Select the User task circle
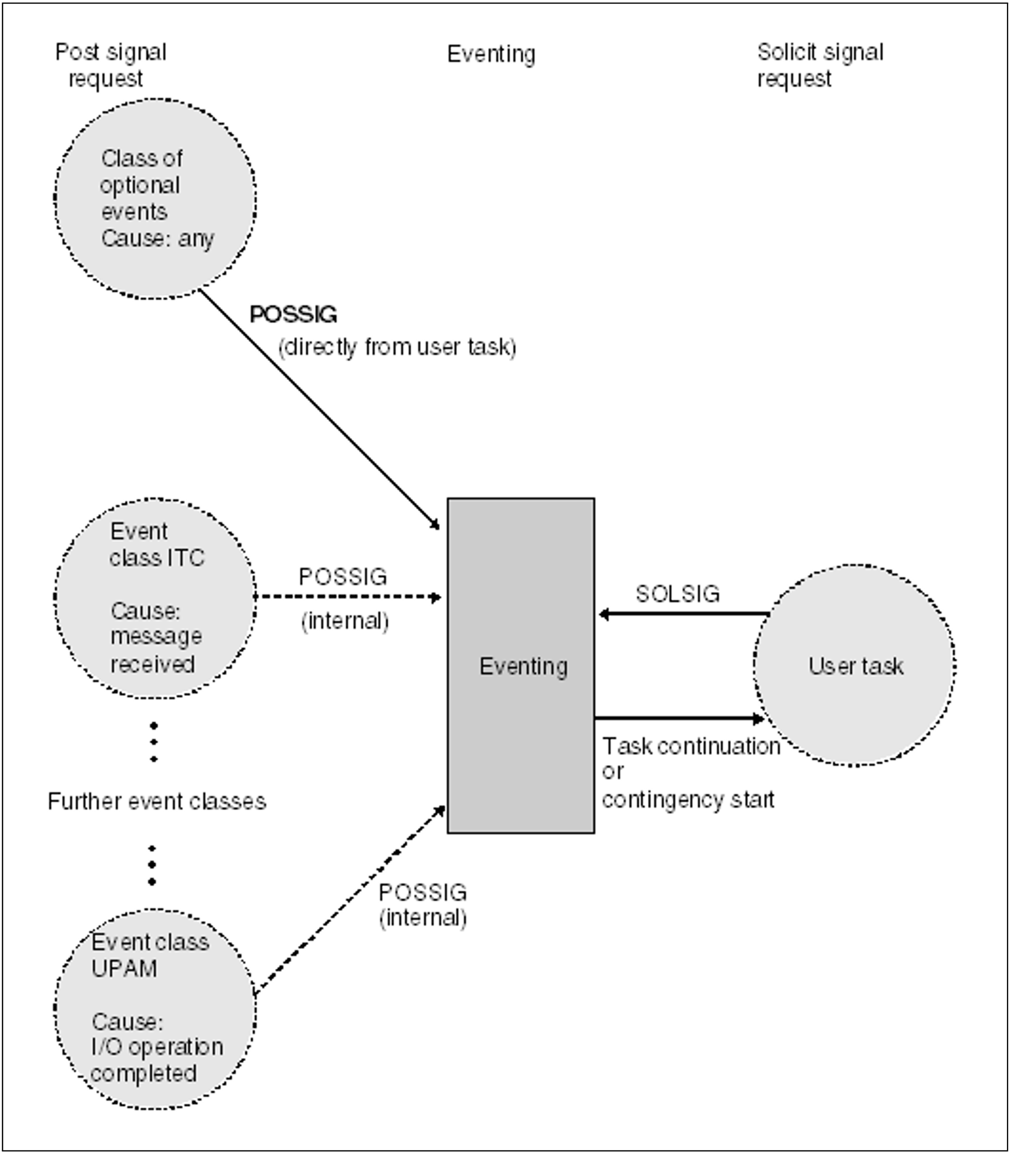855,666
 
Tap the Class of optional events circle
155,198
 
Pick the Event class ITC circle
155,598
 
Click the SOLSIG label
677,594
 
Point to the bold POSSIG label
293,314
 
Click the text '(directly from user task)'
397,347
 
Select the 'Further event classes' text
157,801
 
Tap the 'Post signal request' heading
110,65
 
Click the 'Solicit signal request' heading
820,65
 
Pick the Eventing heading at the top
491,54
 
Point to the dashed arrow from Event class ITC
347,597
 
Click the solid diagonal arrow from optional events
319,409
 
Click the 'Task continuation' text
690,746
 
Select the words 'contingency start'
688,800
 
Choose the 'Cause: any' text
157,238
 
